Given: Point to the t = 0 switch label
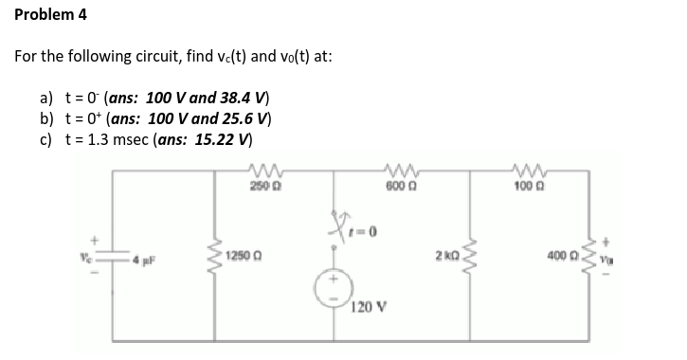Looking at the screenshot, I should point(356,232).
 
